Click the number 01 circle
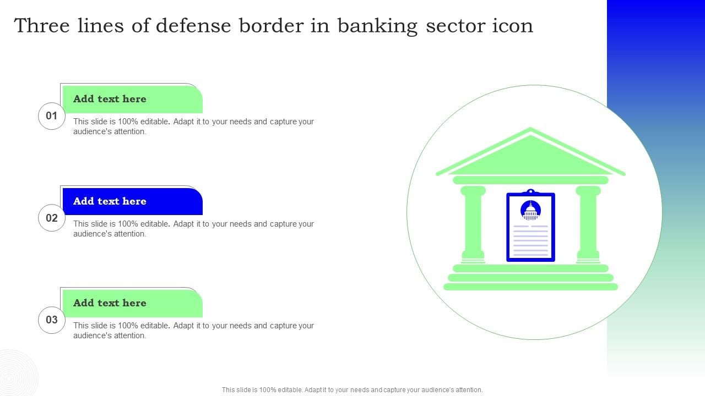tap(52, 116)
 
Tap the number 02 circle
tap(52, 218)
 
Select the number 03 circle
tap(52, 320)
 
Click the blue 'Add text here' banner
tap(133, 201)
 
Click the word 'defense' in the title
tap(193, 25)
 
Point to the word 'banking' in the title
tap(377, 26)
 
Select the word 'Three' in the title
tap(42, 25)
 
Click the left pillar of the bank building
tap(473, 224)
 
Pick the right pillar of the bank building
tap(588, 224)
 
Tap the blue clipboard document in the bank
tap(530, 226)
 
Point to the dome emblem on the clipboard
tap(530, 210)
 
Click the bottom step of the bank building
tap(530, 287)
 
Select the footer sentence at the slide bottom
tap(352, 390)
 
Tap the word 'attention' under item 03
tap(129, 335)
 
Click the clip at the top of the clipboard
tap(530, 191)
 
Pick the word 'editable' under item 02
tap(155, 224)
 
